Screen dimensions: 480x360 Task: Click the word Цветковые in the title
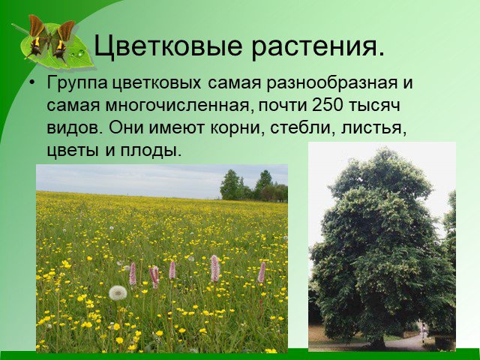[168, 46]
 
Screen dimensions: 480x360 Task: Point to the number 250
[327, 105]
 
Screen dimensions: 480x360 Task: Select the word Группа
[76, 84]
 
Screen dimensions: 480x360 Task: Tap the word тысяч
[374, 106]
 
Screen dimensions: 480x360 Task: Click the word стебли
[301, 127]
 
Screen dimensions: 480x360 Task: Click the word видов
[73, 127]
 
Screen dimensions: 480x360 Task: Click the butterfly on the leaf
[51, 38]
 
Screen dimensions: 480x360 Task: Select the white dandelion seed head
[118, 293]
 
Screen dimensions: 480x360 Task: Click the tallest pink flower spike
[214, 268]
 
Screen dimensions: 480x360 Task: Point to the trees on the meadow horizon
[253, 186]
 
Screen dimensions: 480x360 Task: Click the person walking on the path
[423, 331]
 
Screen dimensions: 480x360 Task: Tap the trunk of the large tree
[378, 340]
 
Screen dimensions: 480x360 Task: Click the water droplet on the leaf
[81, 53]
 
